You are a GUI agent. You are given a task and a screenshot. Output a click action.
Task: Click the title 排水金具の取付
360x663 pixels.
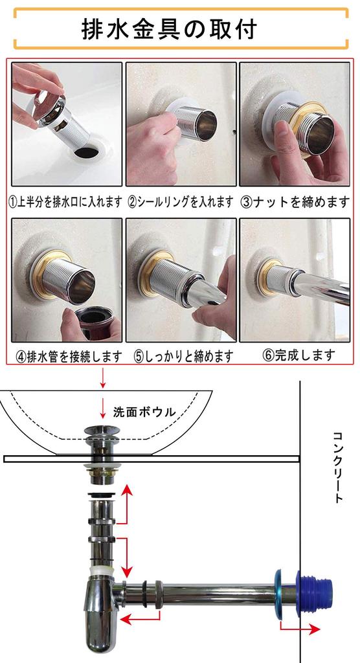coord(169,29)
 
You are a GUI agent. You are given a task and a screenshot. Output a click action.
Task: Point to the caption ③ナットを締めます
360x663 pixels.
coord(295,202)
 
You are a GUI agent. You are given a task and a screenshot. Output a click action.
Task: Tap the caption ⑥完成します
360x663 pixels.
coord(298,355)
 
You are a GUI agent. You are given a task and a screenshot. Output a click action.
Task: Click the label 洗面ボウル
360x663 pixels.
coord(144,411)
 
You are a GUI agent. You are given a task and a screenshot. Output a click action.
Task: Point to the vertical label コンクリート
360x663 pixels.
coord(337,467)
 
